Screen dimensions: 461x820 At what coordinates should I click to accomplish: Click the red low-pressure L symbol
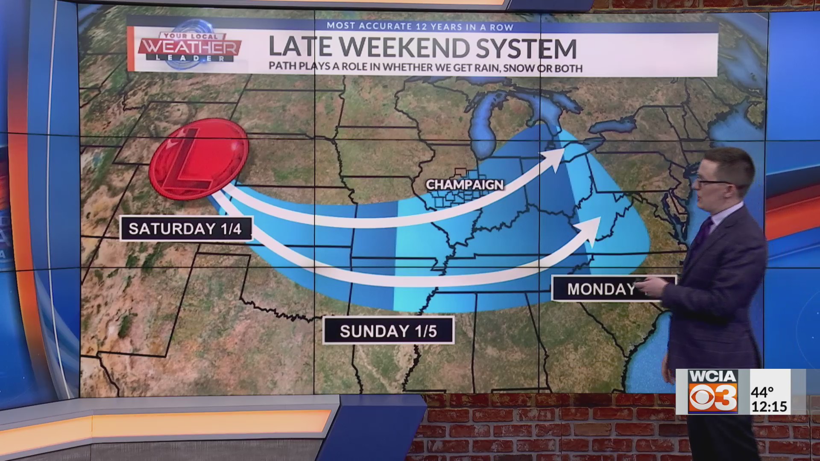(199, 159)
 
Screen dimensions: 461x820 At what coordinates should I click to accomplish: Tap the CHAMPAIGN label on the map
(465, 184)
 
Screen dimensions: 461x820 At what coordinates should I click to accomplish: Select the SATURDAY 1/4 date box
(185, 229)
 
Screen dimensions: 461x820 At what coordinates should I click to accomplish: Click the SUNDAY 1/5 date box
(388, 331)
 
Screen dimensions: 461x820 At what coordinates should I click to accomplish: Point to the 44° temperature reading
(762, 391)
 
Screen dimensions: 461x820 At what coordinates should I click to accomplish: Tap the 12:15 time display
(769, 406)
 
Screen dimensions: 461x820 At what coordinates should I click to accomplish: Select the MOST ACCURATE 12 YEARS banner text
(420, 26)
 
